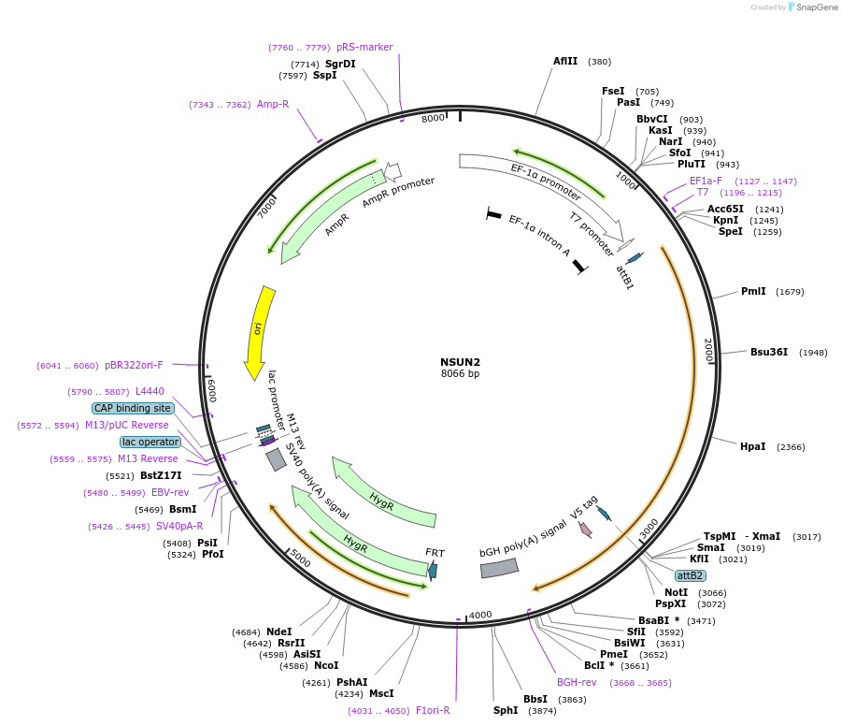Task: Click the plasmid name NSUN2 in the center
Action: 460,362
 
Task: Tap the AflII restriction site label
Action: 565,62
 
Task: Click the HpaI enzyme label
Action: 752,447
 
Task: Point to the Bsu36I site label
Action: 768,353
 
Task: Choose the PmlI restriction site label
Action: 753,292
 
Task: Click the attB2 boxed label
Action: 691,574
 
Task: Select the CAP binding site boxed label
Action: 132,408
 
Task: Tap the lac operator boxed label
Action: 150,442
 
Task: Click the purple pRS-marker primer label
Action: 364,47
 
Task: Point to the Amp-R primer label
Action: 273,105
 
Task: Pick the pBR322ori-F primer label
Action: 134,365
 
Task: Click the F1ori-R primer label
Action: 433,710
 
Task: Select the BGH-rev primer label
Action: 577,682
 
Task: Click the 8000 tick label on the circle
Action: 433,119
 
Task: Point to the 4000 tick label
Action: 479,615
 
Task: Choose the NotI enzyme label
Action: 676,592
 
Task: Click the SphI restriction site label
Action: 506,710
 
